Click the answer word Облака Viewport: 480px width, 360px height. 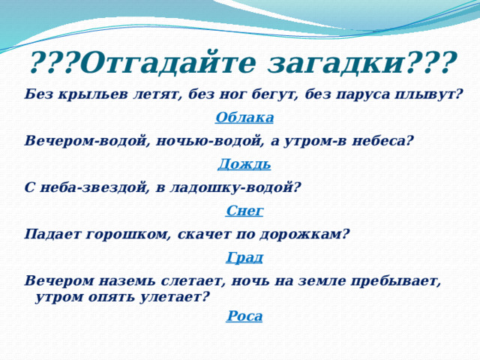click(244, 118)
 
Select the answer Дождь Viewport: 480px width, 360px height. click(244, 164)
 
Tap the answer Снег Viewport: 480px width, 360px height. click(244, 211)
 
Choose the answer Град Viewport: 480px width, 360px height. click(244, 258)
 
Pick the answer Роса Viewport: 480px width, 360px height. click(244, 316)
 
